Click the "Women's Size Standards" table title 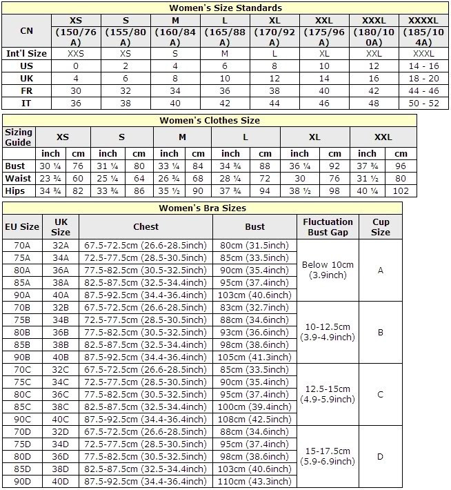tap(225, 8)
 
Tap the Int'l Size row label tap(26, 53)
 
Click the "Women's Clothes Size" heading tap(210, 120)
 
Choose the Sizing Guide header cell tap(19, 137)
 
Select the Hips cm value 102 tap(401, 190)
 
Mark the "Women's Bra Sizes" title tap(202, 207)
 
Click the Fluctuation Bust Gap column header tap(328, 226)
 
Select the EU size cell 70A tap(22, 246)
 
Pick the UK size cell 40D tap(61, 481)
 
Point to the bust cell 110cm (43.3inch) tap(254, 481)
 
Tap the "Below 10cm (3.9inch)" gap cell tap(328, 270)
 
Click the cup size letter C tap(380, 395)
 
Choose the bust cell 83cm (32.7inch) tap(254, 308)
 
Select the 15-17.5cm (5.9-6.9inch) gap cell tap(328, 457)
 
